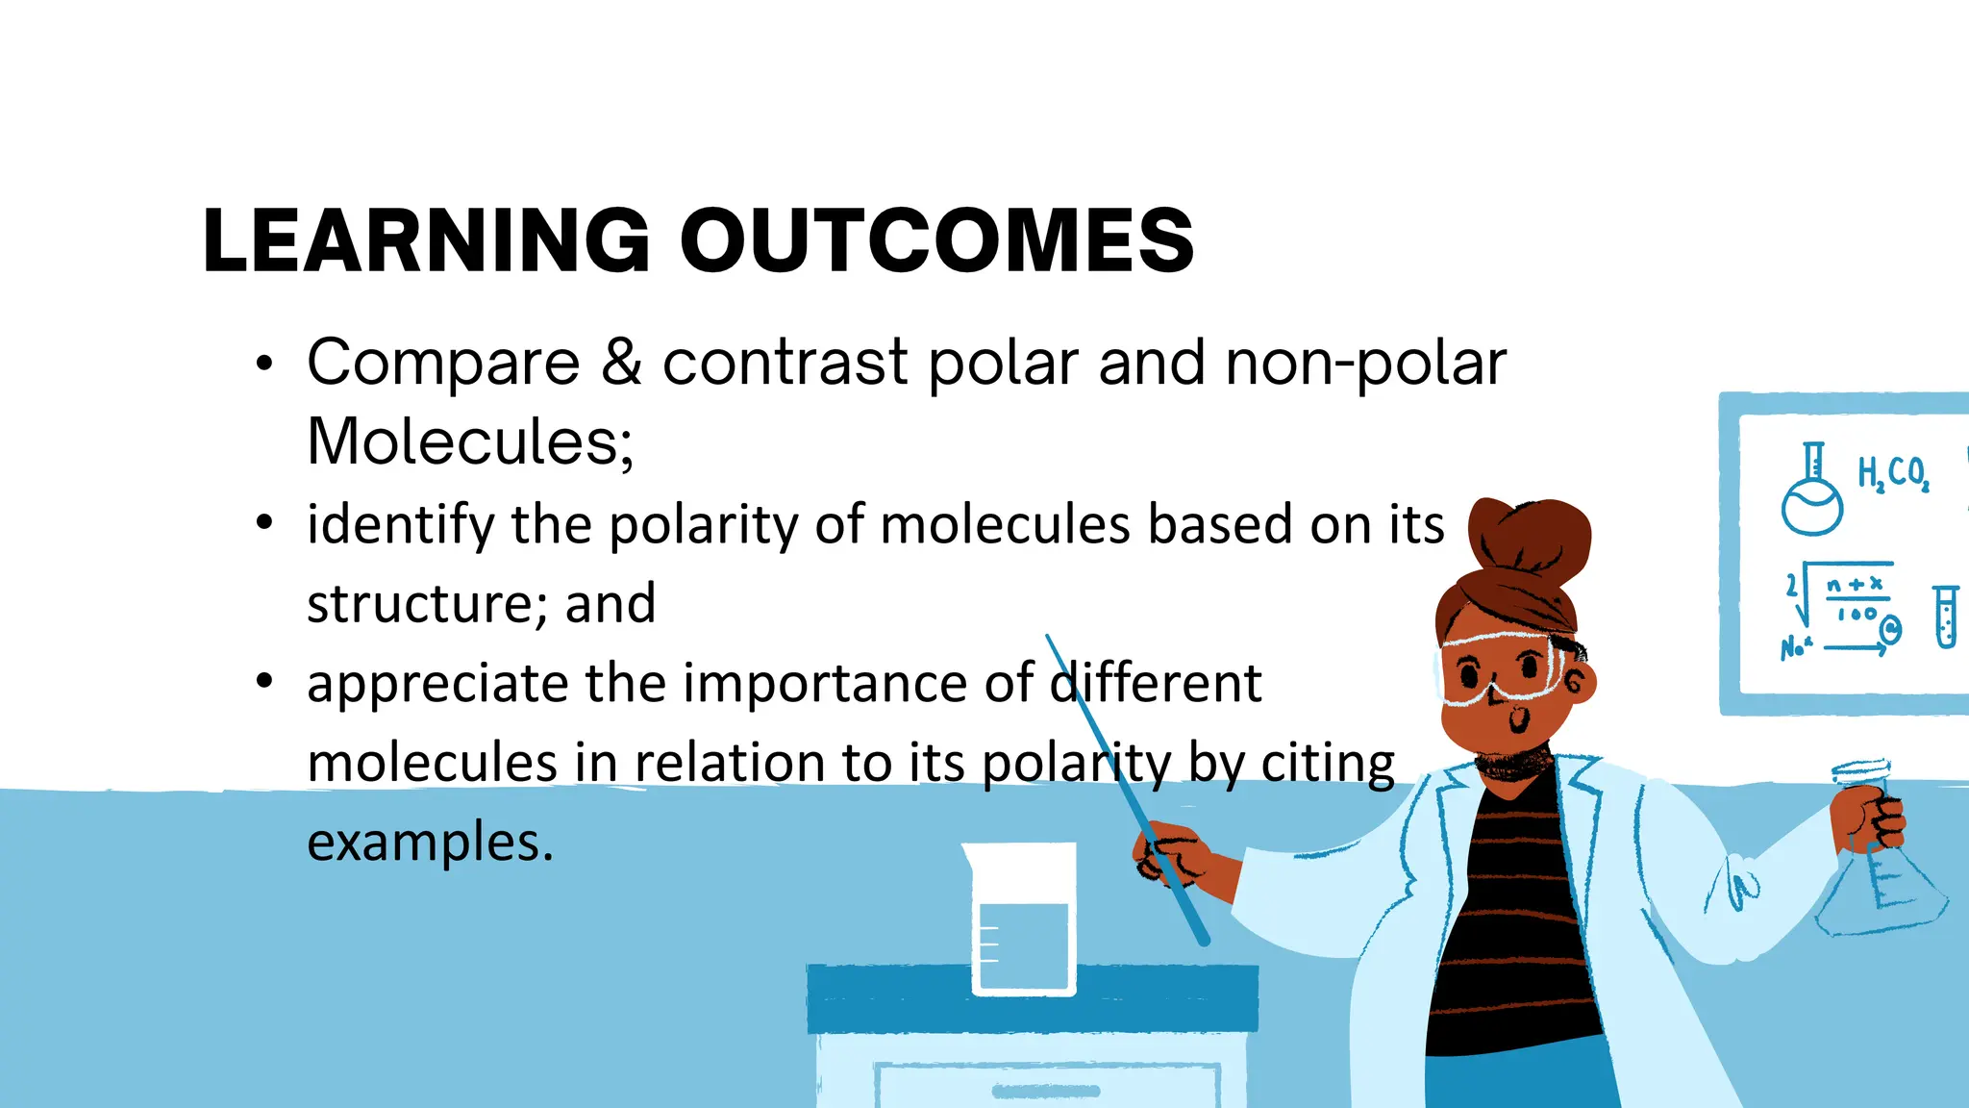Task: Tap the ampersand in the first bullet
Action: coord(622,363)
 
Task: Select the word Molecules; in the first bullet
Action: coord(470,441)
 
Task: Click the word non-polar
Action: coord(1365,365)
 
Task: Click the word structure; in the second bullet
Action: coord(428,605)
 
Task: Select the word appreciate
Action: coord(437,685)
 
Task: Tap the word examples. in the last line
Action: coord(430,843)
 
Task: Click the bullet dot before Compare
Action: coord(264,365)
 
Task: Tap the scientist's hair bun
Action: coord(1529,539)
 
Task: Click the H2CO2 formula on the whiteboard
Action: coord(1892,474)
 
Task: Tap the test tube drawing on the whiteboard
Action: coord(1945,616)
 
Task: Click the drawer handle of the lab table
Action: coord(1045,1091)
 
